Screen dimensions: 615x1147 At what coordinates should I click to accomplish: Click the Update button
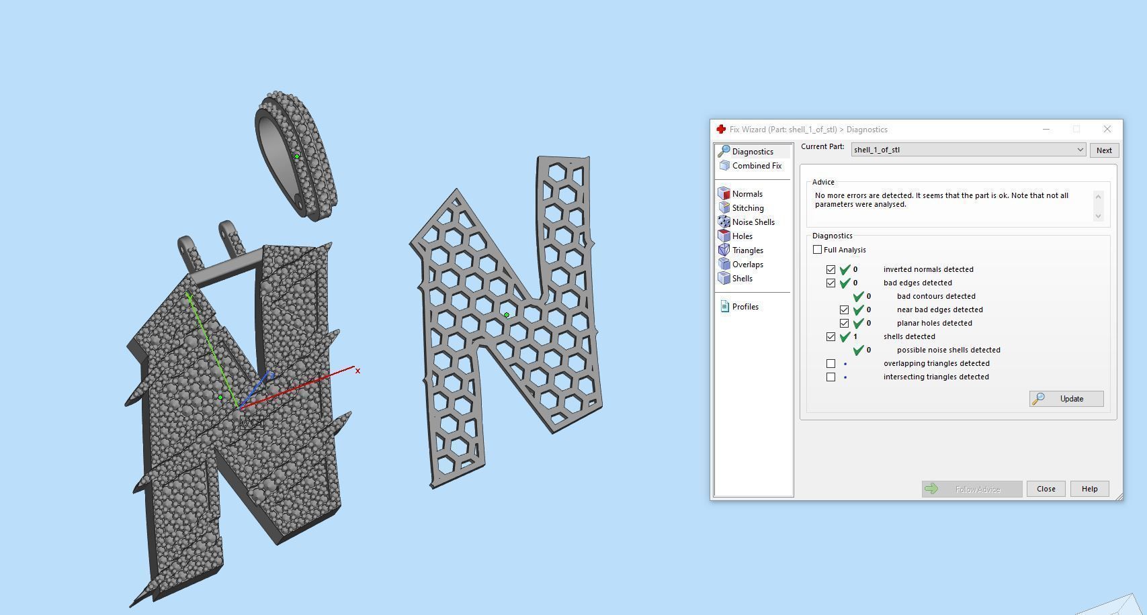pos(1066,399)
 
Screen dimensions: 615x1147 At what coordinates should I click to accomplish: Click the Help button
pos(1089,489)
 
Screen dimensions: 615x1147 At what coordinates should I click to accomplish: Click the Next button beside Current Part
pos(1103,150)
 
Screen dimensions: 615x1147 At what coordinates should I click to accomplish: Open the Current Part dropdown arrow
pos(1080,150)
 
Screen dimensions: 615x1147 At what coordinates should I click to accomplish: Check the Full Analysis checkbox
pos(817,250)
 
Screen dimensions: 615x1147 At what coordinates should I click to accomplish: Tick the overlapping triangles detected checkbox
pos(831,363)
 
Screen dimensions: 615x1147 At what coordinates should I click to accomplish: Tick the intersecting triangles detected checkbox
pos(831,377)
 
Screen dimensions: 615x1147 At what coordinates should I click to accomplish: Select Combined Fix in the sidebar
pos(756,166)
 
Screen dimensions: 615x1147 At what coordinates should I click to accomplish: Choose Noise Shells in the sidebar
pos(753,222)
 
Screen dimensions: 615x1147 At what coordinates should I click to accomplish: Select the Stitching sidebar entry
pos(747,208)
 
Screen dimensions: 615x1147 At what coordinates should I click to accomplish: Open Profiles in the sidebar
pos(745,307)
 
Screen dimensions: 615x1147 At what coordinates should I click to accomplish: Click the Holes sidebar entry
pos(742,236)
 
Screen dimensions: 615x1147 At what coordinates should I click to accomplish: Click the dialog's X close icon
pos(1107,129)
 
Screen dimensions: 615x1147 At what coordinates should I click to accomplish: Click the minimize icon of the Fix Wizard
pos(1046,129)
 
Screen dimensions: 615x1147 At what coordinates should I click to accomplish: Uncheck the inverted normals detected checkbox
pos(831,269)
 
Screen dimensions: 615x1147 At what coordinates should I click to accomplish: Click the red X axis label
pos(357,371)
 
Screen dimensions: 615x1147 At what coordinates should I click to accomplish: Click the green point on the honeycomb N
pos(507,315)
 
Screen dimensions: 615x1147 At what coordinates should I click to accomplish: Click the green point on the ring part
pos(297,156)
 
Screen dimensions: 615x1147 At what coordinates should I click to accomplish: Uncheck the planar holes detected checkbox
pos(844,323)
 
